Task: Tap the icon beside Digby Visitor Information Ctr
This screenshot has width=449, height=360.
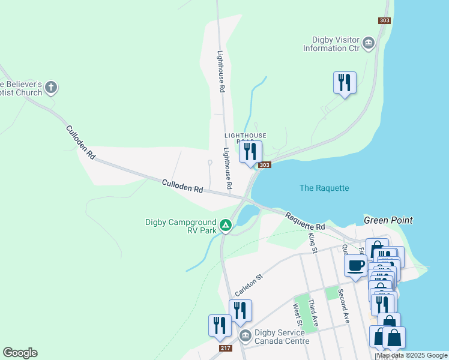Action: coord(369,43)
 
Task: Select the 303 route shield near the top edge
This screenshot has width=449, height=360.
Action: coord(385,20)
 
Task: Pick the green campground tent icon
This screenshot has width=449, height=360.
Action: coord(226,226)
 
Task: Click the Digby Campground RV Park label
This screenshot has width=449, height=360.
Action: coord(181,226)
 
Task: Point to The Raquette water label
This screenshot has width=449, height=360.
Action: coord(324,188)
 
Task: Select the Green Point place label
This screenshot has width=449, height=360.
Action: coord(388,220)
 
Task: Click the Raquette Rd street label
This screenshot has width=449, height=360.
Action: coord(304,221)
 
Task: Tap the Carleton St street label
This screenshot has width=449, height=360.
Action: coord(249,285)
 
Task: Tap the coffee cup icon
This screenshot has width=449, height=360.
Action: coord(355,265)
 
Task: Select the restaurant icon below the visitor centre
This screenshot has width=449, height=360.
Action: coord(345,82)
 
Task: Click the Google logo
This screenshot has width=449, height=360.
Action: coord(20,353)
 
